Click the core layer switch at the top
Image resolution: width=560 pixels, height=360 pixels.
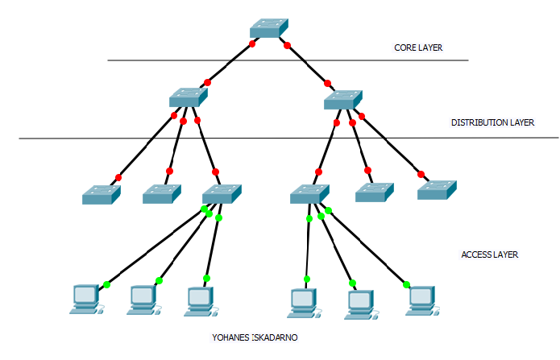point(268,27)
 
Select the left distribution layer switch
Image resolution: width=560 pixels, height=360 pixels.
point(189,97)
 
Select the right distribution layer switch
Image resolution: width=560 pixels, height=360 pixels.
point(343,99)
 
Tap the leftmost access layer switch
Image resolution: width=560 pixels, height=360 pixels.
point(101,194)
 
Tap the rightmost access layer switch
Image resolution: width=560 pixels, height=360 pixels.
point(437,189)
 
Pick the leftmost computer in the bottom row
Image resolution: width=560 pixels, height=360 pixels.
point(85,299)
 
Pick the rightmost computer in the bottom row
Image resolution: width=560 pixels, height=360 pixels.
point(420,300)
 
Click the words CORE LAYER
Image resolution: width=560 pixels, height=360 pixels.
point(418,48)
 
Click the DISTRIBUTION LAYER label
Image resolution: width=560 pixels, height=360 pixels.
point(492,123)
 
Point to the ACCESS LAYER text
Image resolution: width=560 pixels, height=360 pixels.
point(489,254)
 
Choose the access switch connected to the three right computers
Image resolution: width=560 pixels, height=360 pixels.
point(309,193)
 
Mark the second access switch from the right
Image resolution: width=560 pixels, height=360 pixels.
point(375,192)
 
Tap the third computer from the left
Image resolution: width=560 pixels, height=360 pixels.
point(199,300)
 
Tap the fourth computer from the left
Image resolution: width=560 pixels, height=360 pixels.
point(303,300)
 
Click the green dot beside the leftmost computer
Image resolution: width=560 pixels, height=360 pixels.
point(106,284)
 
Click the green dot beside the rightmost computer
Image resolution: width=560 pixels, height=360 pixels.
point(406,284)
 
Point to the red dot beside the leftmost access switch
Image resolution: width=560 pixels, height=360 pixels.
point(118,177)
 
